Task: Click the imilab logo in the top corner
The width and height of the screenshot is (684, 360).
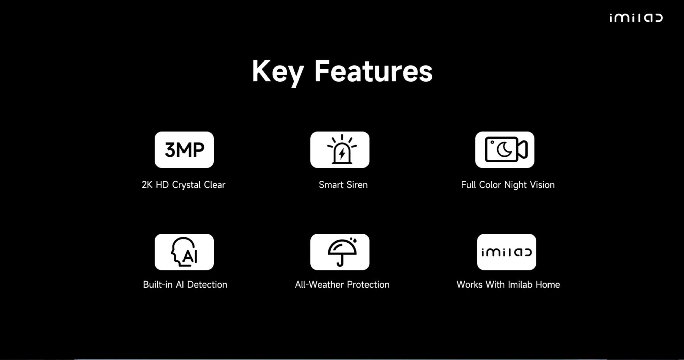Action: [636, 18]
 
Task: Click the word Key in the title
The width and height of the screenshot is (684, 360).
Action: [278, 72]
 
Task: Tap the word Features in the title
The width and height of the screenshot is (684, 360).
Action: [373, 71]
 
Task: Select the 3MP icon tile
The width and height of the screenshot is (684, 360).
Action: [184, 150]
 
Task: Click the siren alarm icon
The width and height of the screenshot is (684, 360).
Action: [342, 149]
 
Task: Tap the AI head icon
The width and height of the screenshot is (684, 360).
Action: [184, 252]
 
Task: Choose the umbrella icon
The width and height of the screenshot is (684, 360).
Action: [342, 252]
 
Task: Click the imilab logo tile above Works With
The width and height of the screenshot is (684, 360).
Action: [507, 252]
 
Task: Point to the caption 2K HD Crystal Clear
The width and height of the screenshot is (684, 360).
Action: [183, 185]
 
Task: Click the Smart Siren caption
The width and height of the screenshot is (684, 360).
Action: [343, 185]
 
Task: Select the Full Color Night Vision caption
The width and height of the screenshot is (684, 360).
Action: [508, 185]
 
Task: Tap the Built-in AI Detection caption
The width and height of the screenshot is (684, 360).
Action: [185, 284]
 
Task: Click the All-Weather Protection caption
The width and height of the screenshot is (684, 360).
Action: [342, 284]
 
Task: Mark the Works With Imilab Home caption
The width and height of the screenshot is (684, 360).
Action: [508, 284]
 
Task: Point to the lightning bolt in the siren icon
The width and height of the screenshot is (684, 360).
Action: [342, 154]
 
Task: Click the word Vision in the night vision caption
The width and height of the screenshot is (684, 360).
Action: [542, 185]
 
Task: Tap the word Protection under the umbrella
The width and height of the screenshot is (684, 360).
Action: [368, 284]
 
